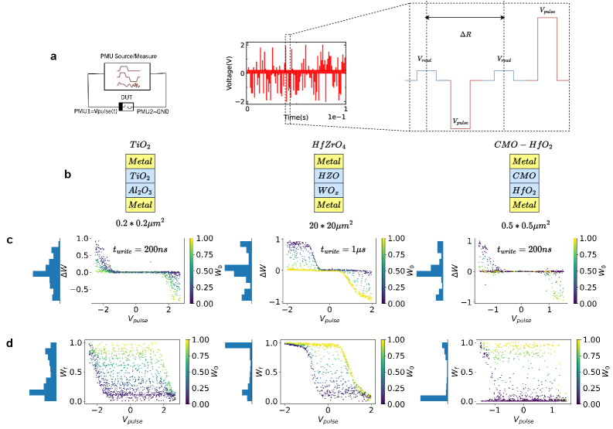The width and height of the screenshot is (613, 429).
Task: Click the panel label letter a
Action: (53, 56)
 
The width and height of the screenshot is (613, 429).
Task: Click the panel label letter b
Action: (68, 175)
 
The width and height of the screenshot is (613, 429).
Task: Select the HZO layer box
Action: (330, 175)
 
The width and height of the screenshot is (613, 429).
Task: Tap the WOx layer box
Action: (330, 189)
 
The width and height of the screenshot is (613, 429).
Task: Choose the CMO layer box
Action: (525, 175)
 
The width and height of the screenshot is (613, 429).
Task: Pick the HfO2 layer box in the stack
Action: (525, 189)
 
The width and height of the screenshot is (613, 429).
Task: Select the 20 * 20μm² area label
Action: (330, 223)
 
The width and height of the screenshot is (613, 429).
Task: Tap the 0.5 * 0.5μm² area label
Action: (525, 223)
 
